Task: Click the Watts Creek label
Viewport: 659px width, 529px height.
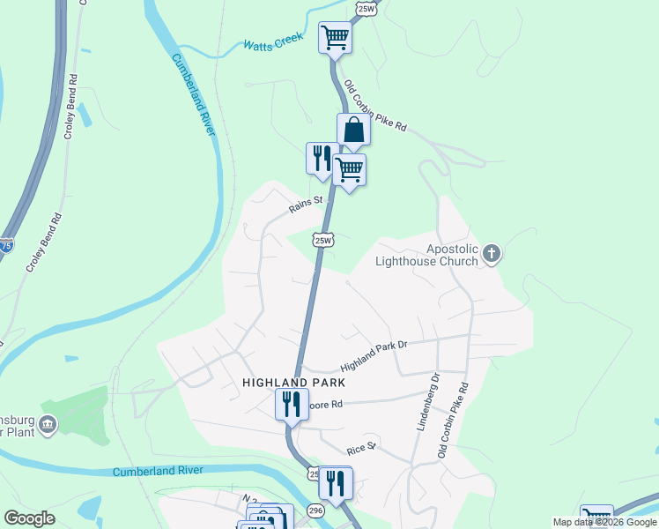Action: point(273,41)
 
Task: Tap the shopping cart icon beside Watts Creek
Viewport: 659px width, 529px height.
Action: point(335,38)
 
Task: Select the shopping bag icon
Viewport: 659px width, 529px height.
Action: point(353,130)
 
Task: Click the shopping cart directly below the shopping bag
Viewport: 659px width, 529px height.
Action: point(350,169)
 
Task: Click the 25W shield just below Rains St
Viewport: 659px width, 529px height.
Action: point(323,240)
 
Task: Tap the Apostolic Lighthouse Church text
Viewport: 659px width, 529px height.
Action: point(426,255)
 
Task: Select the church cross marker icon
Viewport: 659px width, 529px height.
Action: point(492,255)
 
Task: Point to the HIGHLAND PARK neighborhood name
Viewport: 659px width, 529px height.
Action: point(294,383)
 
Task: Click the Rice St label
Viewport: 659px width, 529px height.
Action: point(361,447)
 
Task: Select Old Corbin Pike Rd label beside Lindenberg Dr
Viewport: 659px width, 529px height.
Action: point(454,420)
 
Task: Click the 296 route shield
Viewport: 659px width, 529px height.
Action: point(315,510)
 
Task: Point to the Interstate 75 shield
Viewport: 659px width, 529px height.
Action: point(6,247)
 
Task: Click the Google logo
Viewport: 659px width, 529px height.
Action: point(30,518)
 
